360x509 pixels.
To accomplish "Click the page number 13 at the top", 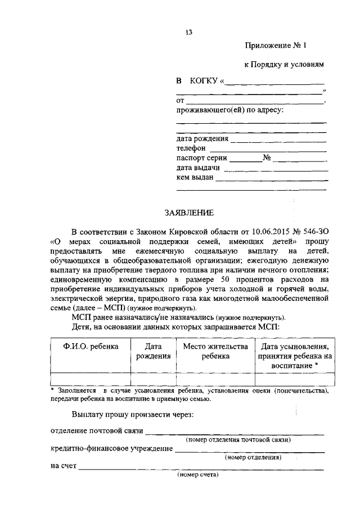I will tap(188, 32).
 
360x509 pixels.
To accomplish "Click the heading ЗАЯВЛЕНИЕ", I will tap(188, 213).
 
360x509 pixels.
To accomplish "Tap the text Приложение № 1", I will tap(276, 46).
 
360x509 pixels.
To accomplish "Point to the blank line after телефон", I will tap(268, 150).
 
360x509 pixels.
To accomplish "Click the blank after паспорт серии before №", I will tap(245, 160).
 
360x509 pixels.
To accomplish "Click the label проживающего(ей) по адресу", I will tap(229, 110).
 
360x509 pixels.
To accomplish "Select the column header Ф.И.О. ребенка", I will tap(91, 346).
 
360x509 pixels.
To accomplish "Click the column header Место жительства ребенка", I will tap(215, 351).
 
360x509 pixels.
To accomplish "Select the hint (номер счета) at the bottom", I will tap(197, 475).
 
